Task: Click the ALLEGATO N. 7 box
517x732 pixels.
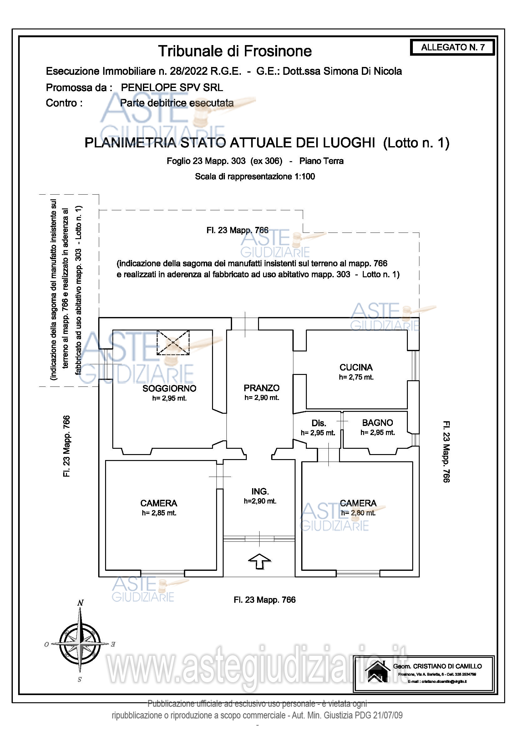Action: click(x=452, y=47)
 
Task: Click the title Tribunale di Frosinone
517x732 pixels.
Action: click(x=235, y=51)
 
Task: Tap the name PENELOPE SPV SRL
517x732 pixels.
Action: click(x=172, y=87)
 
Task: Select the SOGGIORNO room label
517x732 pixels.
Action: click(x=169, y=388)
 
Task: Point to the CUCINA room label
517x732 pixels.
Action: click(x=356, y=367)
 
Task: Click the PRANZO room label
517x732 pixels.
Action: click(x=261, y=388)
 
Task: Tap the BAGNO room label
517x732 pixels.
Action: click(x=378, y=423)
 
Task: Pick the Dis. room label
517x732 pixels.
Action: click(x=318, y=423)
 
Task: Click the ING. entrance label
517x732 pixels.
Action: click(x=260, y=491)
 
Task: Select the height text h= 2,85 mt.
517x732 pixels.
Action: click(x=159, y=513)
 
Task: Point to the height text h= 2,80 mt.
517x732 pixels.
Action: click(x=358, y=513)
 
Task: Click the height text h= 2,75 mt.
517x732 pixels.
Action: click(x=356, y=377)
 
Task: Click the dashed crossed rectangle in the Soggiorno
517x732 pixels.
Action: click(x=173, y=342)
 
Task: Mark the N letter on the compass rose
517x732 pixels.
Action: click(x=80, y=602)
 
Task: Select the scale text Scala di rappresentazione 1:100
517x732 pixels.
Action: click(x=255, y=176)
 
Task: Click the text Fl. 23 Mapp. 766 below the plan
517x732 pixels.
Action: click(x=264, y=600)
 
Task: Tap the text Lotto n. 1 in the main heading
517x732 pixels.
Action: click(x=416, y=143)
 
